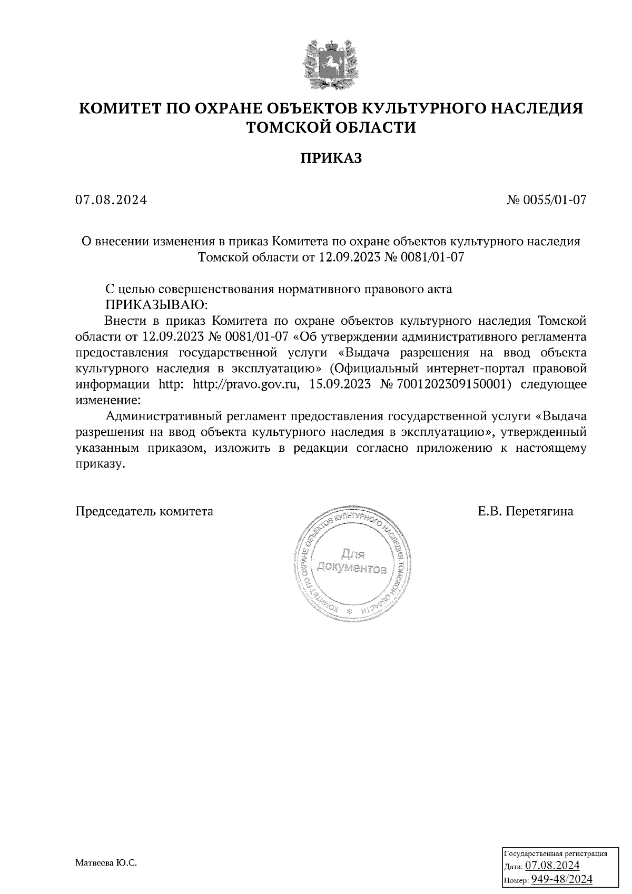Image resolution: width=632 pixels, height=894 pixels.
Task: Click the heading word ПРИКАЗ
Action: [331, 158]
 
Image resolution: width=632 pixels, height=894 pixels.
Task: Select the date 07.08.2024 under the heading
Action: [111, 200]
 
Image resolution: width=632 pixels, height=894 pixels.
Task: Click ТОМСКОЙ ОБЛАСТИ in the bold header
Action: [331, 128]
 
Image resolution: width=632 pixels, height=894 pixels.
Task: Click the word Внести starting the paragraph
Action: [125, 321]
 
